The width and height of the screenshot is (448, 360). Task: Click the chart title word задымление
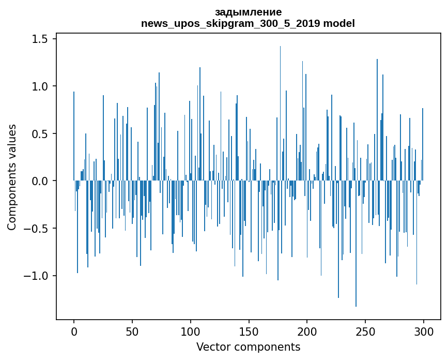click(x=248, y=12)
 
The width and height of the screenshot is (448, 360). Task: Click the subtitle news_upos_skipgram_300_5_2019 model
click(x=248, y=24)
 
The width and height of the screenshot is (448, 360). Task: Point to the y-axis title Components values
click(x=12, y=177)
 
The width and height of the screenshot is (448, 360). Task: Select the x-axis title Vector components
click(x=248, y=347)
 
